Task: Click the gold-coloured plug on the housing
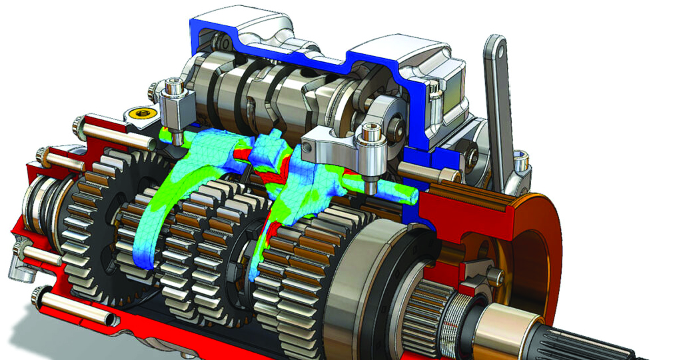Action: [x=141, y=114]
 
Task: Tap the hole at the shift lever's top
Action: [x=496, y=48]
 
